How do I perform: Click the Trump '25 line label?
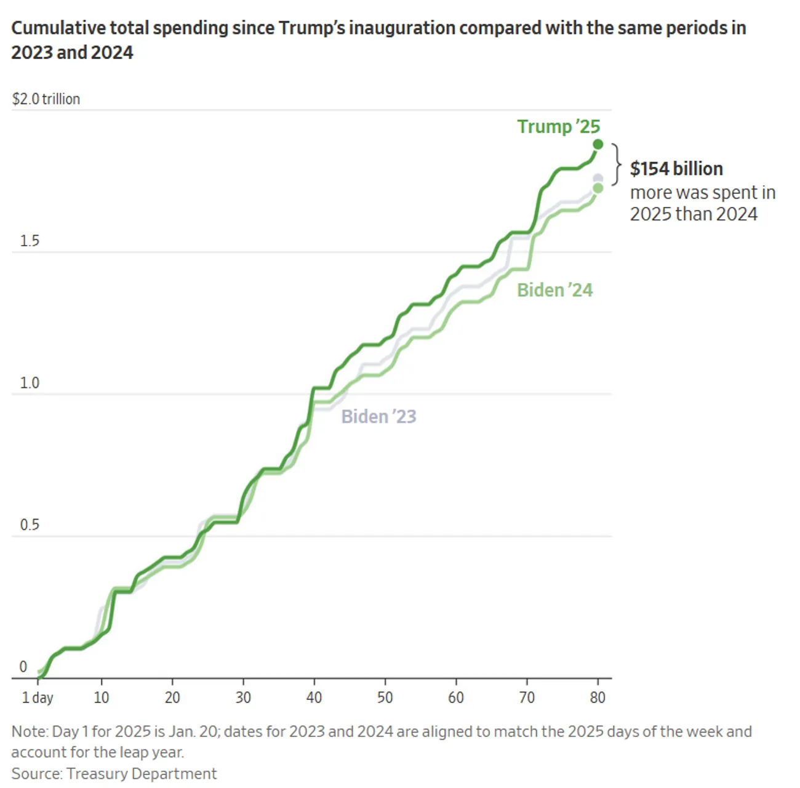pyautogui.click(x=558, y=126)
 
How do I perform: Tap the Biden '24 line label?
pyautogui.click(x=554, y=290)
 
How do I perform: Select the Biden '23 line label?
pyautogui.click(x=378, y=417)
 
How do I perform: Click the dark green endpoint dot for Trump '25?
pyautogui.click(x=598, y=145)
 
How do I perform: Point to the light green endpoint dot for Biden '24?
pyautogui.click(x=598, y=188)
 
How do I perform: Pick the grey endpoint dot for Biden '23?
pyautogui.click(x=598, y=179)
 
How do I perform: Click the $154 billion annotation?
pyautogui.click(x=676, y=169)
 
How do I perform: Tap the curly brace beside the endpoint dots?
pyautogui.click(x=615, y=164)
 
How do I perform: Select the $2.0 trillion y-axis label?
pyautogui.click(x=46, y=99)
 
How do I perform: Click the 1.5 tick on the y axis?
pyautogui.click(x=30, y=241)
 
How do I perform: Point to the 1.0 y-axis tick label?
pyautogui.click(x=30, y=383)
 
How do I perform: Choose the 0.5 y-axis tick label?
pyautogui.click(x=30, y=525)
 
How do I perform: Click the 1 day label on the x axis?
pyautogui.click(x=38, y=698)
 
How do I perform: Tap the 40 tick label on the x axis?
pyautogui.click(x=314, y=698)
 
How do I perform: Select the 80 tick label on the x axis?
pyautogui.click(x=598, y=698)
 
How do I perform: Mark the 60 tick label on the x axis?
pyautogui.click(x=456, y=698)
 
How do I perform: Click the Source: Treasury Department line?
pyautogui.click(x=114, y=774)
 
